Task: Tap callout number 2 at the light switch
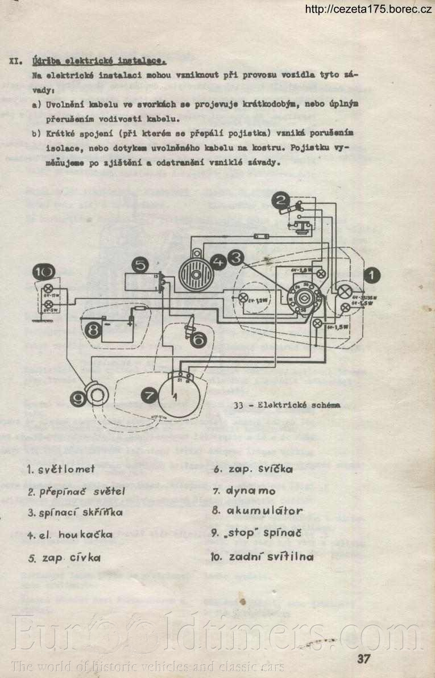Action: (280, 200)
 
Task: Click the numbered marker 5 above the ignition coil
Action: (141, 264)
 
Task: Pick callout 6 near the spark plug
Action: (198, 340)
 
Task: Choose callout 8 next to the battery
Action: (90, 329)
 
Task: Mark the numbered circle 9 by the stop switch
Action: (79, 400)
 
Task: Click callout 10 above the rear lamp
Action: (44, 272)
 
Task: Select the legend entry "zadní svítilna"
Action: (271, 556)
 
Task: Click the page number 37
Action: (364, 659)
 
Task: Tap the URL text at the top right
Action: (368, 9)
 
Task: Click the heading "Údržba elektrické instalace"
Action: (99, 59)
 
